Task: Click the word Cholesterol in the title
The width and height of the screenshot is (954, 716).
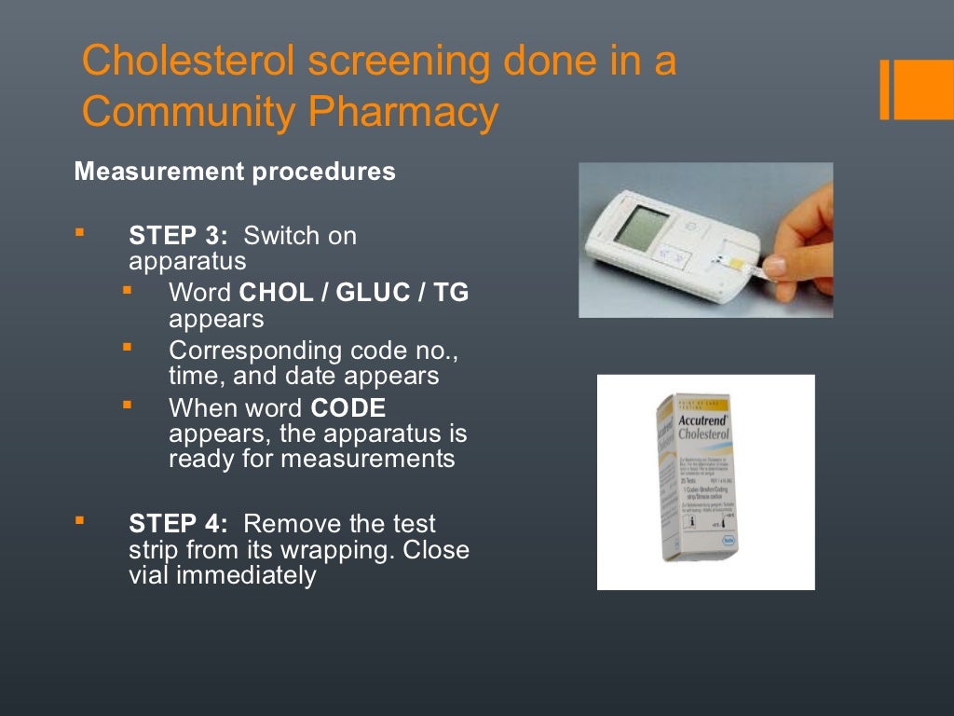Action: click(187, 62)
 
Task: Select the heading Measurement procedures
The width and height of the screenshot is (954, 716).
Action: click(235, 172)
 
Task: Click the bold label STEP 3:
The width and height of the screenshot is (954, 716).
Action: click(178, 236)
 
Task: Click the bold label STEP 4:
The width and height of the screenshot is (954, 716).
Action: click(178, 524)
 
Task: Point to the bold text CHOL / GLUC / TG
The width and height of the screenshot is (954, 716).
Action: click(354, 294)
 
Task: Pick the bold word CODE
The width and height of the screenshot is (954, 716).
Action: click(348, 408)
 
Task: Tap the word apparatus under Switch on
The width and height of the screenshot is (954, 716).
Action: click(187, 261)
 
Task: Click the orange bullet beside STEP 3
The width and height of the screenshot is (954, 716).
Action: click(79, 231)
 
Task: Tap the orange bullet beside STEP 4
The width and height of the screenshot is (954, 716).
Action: click(79, 519)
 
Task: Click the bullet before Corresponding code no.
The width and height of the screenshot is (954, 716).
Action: click(127, 348)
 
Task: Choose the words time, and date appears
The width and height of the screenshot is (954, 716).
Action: click(303, 377)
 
